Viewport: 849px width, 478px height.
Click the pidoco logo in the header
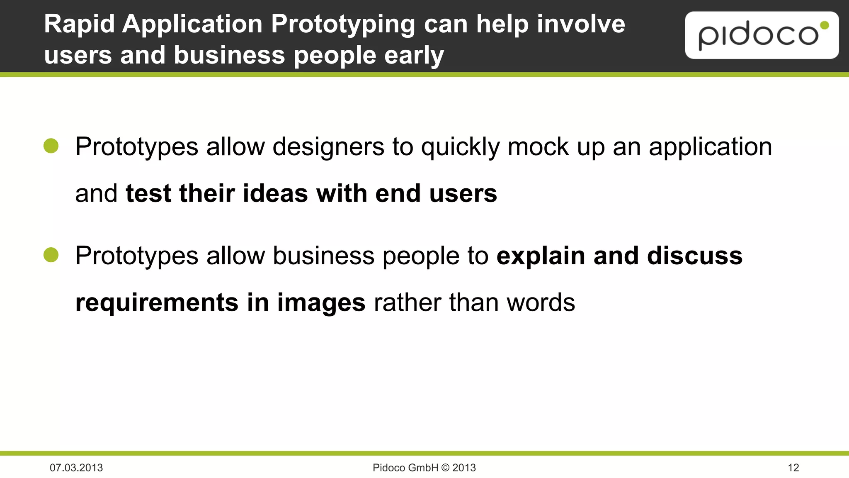(762, 35)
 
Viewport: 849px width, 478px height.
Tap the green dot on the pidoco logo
(825, 26)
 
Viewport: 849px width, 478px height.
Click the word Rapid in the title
(79, 24)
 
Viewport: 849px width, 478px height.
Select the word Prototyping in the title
(343, 24)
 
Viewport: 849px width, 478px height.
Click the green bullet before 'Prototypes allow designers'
(51, 146)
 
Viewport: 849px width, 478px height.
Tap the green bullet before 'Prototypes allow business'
(51, 255)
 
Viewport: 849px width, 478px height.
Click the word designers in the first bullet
(328, 147)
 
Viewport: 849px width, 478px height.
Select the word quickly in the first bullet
(460, 147)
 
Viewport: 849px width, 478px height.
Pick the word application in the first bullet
(710, 147)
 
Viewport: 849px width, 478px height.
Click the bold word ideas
(275, 193)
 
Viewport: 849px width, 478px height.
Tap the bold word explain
(541, 256)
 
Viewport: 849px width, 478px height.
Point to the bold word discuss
(695, 256)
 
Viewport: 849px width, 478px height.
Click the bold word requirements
(157, 302)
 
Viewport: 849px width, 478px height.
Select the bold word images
(321, 302)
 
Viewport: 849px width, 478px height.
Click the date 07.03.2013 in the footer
(76, 468)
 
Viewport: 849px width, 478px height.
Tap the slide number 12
(793, 468)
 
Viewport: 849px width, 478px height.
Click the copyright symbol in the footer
(445, 468)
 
